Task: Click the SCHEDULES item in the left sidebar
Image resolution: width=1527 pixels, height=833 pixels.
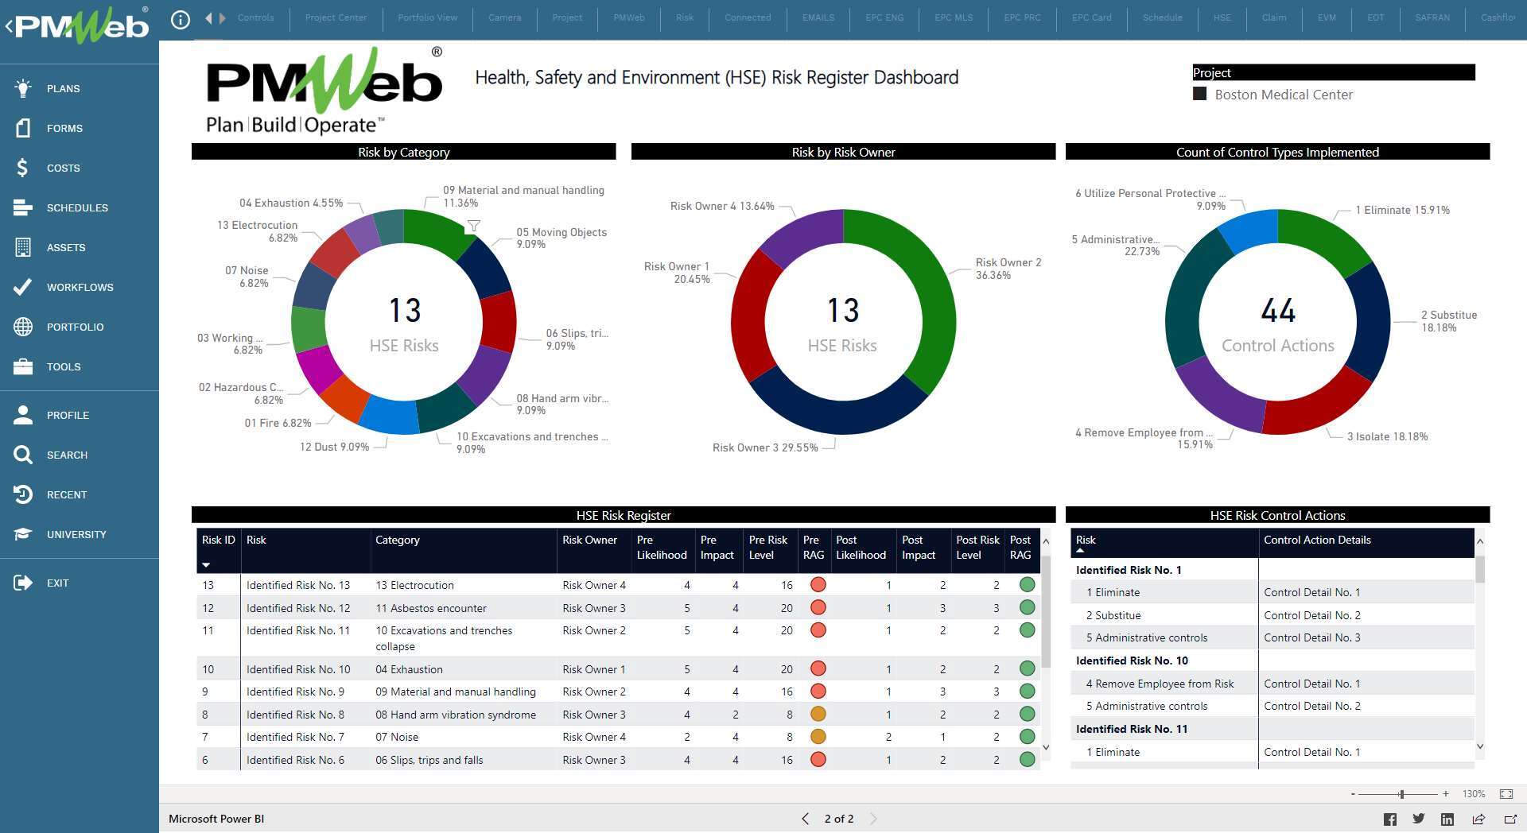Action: (x=76, y=207)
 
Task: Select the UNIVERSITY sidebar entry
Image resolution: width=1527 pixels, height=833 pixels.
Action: (x=76, y=534)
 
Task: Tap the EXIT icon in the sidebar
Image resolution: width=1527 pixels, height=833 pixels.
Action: (x=23, y=583)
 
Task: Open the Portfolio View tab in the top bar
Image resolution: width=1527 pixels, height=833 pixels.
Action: (x=427, y=17)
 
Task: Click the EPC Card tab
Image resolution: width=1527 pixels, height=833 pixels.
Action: (x=1091, y=17)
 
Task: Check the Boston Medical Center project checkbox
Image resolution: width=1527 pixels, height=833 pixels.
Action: (x=1200, y=94)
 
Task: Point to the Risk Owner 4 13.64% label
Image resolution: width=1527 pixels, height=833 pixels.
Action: (x=721, y=206)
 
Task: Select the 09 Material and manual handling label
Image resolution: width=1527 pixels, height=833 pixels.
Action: (x=523, y=191)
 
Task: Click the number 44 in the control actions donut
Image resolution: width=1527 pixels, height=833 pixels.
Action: (x=1277, y=311)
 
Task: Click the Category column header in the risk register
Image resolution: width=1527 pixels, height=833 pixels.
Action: (x=397, y=540)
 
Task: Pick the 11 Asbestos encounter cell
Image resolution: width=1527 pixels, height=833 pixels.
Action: (x=430, y=608)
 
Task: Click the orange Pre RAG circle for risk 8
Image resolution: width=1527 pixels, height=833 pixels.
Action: (x=818, y=714)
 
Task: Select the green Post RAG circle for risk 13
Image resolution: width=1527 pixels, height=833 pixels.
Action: (x=1027, y=585)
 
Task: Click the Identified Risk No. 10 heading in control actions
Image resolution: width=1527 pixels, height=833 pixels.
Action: (x=1131, y=661)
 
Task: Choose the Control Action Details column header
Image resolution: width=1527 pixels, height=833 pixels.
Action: (x=1316, y=540)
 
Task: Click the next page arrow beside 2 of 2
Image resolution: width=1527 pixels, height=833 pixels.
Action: (x=873, y=819)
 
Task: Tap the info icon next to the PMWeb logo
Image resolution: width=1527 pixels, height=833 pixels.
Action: (x=181, y=19)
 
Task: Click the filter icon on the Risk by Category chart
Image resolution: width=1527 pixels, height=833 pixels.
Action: (x=473, y=226)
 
